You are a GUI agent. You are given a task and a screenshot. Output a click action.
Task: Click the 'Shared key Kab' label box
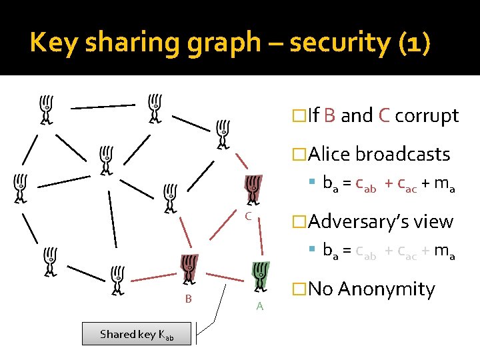pyautogui.click(x=137, y=334)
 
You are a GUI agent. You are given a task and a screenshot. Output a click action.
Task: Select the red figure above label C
pyautogui.click(x=253, y=191)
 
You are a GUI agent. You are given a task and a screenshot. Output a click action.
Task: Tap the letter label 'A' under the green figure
pyautogui.click(x=260, y=306)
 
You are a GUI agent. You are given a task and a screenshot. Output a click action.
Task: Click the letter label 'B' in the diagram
pyautogui.click(x=189, y=299)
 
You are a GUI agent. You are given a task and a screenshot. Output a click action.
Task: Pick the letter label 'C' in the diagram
pyautogui.click(x=247, y=217)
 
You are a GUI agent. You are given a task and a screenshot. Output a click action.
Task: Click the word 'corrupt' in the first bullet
pyautogui.click(x=427, y=116)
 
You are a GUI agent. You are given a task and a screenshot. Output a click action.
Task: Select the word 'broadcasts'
pyautogui.click(x=403, y=155)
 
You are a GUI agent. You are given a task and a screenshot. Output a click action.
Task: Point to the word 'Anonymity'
pyautogui.click(x=386, y=289)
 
